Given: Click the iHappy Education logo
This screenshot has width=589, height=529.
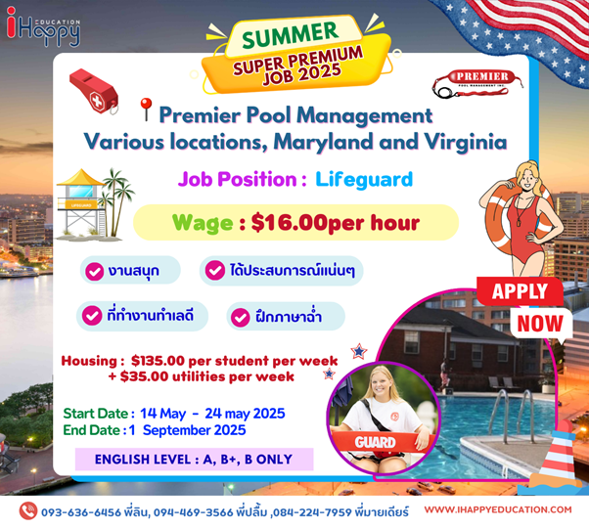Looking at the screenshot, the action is (x=43, y=26).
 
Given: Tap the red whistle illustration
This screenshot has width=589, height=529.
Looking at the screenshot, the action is (x=94, y=91).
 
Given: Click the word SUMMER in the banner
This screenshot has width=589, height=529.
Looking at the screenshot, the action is (x=290, y=34).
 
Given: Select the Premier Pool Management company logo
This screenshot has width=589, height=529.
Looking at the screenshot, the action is (x=477, y=83).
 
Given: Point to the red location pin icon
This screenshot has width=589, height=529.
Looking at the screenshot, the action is (x=146, y=109).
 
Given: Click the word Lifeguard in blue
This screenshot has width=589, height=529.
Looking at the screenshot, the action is (x=364, y=180).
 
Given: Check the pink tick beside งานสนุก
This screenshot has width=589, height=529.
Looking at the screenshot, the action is (x=94, y=271).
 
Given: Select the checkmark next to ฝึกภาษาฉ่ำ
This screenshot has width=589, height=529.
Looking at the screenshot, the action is (x=241, y=317).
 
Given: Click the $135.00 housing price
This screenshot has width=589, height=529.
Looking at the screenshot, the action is (x=158, y=361).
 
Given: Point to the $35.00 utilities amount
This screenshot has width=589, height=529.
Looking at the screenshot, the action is (x=144, y=376).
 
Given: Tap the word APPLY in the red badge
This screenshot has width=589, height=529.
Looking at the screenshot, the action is (x=520, y=291).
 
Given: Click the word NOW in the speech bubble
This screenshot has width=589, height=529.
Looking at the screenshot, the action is (x=540, y=324).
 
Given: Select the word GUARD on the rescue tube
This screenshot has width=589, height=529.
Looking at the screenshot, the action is (x=375, y=442).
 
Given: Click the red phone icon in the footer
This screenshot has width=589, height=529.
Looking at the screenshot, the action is (x=28, y=511).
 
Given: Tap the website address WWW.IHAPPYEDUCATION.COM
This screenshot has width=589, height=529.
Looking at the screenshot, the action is (x=498, y=509).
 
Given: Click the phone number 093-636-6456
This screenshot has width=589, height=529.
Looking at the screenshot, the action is (x=81, y=512).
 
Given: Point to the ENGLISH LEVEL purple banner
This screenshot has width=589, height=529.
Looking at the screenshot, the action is (x=194, y=459).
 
